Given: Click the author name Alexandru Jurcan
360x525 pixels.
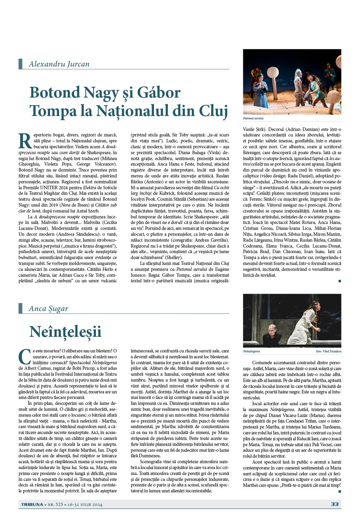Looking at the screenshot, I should tap(59, 64).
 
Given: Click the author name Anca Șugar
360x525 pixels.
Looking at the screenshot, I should tap(48, 308).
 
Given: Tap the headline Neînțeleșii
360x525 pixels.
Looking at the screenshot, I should tap(65, 331).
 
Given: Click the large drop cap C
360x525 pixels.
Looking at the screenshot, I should tap(23, 356).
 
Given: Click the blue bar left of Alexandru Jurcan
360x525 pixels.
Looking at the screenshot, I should tap(20, 64).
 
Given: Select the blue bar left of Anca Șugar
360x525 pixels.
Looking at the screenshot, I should tap(20, 308).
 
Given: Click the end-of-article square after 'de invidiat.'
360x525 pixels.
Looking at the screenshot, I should tap(339, 281).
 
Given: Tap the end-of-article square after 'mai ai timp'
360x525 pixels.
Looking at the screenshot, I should tap(339, 491).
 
